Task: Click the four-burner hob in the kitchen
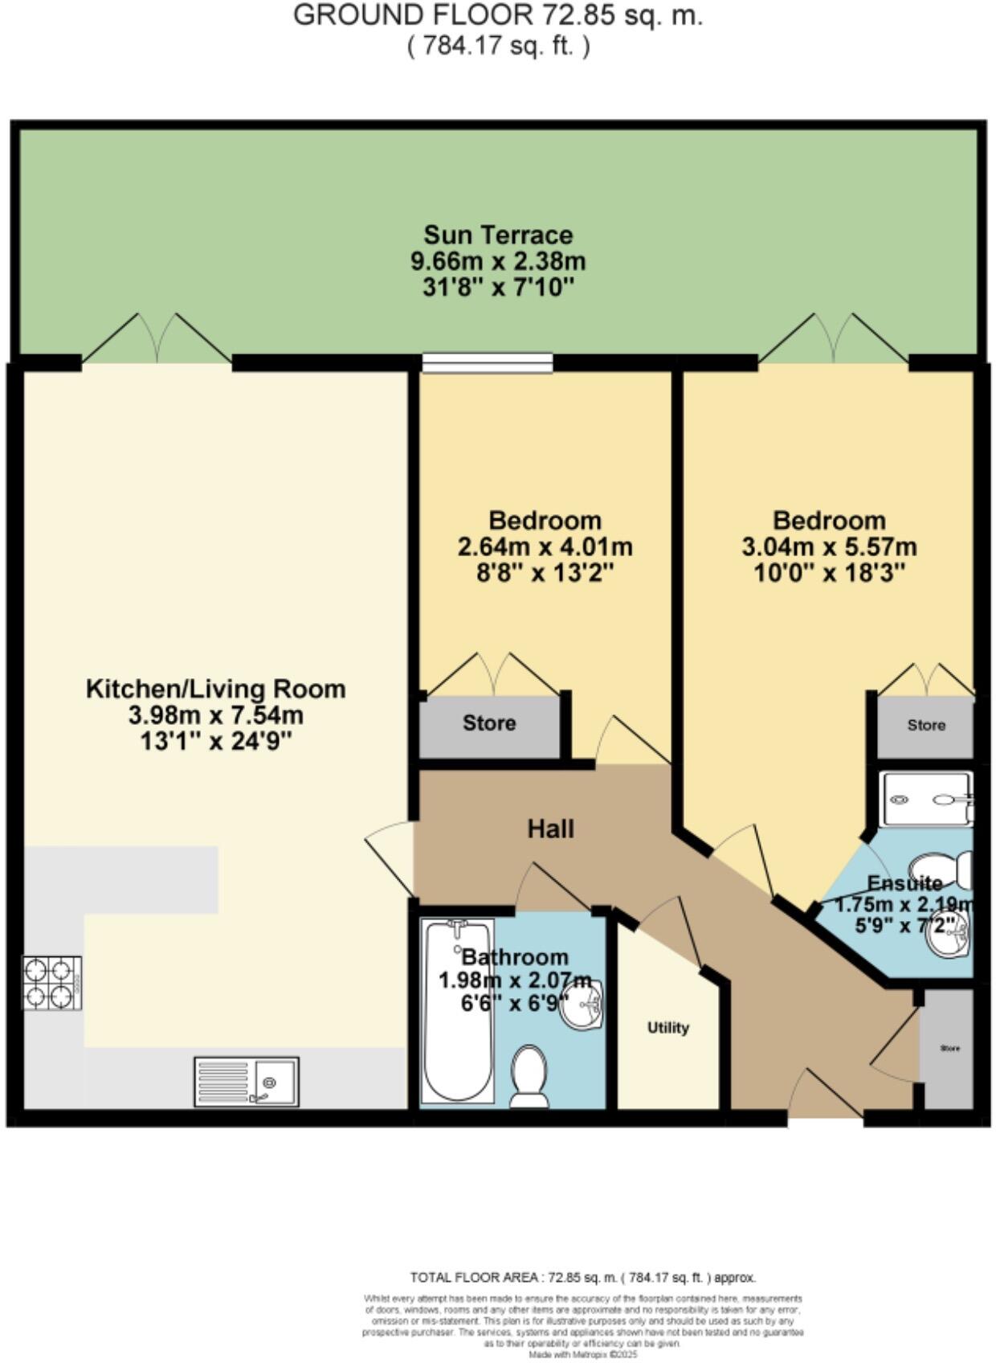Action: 52,983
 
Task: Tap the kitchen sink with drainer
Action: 247,1081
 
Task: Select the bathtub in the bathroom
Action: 457,1011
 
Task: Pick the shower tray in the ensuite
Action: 925,799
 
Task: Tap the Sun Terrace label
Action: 498,235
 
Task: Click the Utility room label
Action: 668,1028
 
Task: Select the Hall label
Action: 550,829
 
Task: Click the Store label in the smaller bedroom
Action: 488,723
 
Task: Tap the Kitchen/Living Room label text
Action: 215,689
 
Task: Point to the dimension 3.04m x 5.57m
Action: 829,547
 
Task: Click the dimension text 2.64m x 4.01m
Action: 545,547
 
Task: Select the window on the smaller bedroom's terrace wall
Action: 488,364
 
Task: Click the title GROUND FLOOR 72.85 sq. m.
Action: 498,15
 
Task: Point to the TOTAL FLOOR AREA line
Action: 582,1277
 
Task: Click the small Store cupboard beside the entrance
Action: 949,1049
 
